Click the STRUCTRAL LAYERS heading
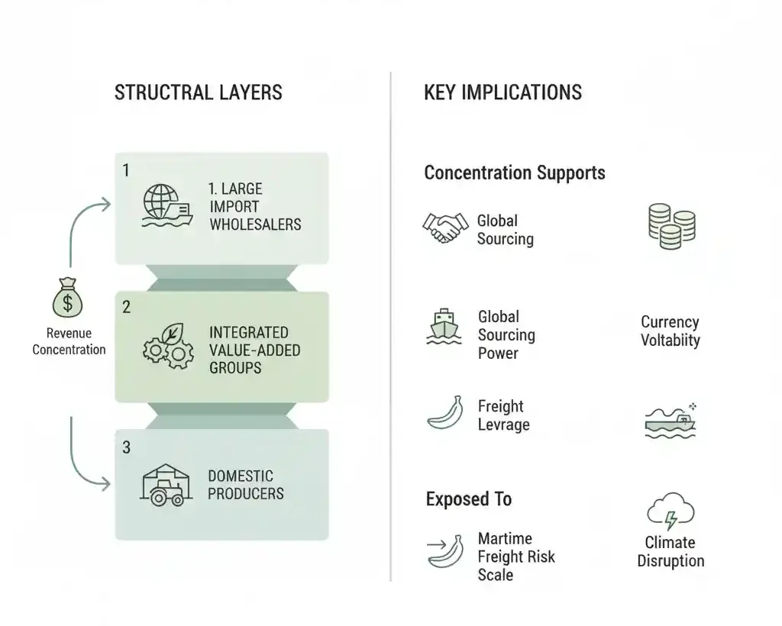click(198, 93)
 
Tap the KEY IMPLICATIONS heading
click(502, 93)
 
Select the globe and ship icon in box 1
click(166, 207)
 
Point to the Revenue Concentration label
click(69, 341)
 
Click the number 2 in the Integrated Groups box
click(127, 307)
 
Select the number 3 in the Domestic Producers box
click(127, 448)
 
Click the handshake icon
click(445, 227)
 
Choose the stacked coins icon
click(671, 226)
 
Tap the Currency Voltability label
click(670, 331)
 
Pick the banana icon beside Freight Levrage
click(444, 412)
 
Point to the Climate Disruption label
click(670, 552)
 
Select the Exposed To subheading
click(468, 499)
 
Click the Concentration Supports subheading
click(514, 173)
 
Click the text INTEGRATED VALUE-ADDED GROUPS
click(254, 350)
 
